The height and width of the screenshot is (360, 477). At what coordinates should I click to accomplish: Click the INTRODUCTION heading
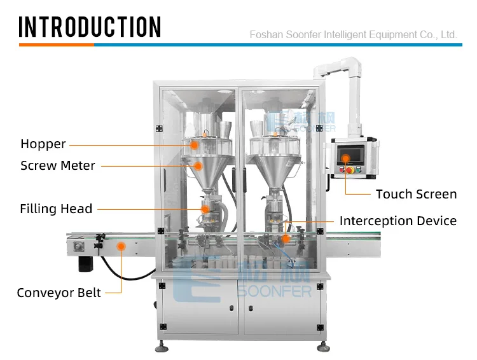(x=90, y=27)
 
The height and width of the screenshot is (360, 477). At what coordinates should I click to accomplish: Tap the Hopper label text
(x=43, y=144)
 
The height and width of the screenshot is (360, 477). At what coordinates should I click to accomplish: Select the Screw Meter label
(x=58, y=166)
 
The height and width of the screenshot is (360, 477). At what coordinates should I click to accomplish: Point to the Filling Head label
(x=56, y=209)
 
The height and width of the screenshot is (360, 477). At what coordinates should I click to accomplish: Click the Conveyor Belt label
(x=59, y=293)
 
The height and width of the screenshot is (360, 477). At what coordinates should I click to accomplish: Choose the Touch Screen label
(x=416, y=194)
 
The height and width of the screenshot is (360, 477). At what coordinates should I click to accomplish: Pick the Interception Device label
(x=397, y=221)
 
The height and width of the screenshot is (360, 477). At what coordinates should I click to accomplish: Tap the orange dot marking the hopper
(x=195, y=145)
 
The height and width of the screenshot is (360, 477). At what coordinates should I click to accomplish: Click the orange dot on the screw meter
(x=198, y=166)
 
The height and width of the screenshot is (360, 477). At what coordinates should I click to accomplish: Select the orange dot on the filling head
(x=205, y=209)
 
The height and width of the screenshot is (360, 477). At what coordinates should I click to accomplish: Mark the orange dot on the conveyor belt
(x=121, y=245)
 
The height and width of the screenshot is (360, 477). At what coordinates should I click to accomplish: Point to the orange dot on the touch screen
(x=346, y=159)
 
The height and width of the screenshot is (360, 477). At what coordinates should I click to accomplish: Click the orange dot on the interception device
(x=286, y=239)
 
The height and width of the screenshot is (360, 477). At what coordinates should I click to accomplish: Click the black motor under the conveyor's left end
(x=86, y=263)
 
